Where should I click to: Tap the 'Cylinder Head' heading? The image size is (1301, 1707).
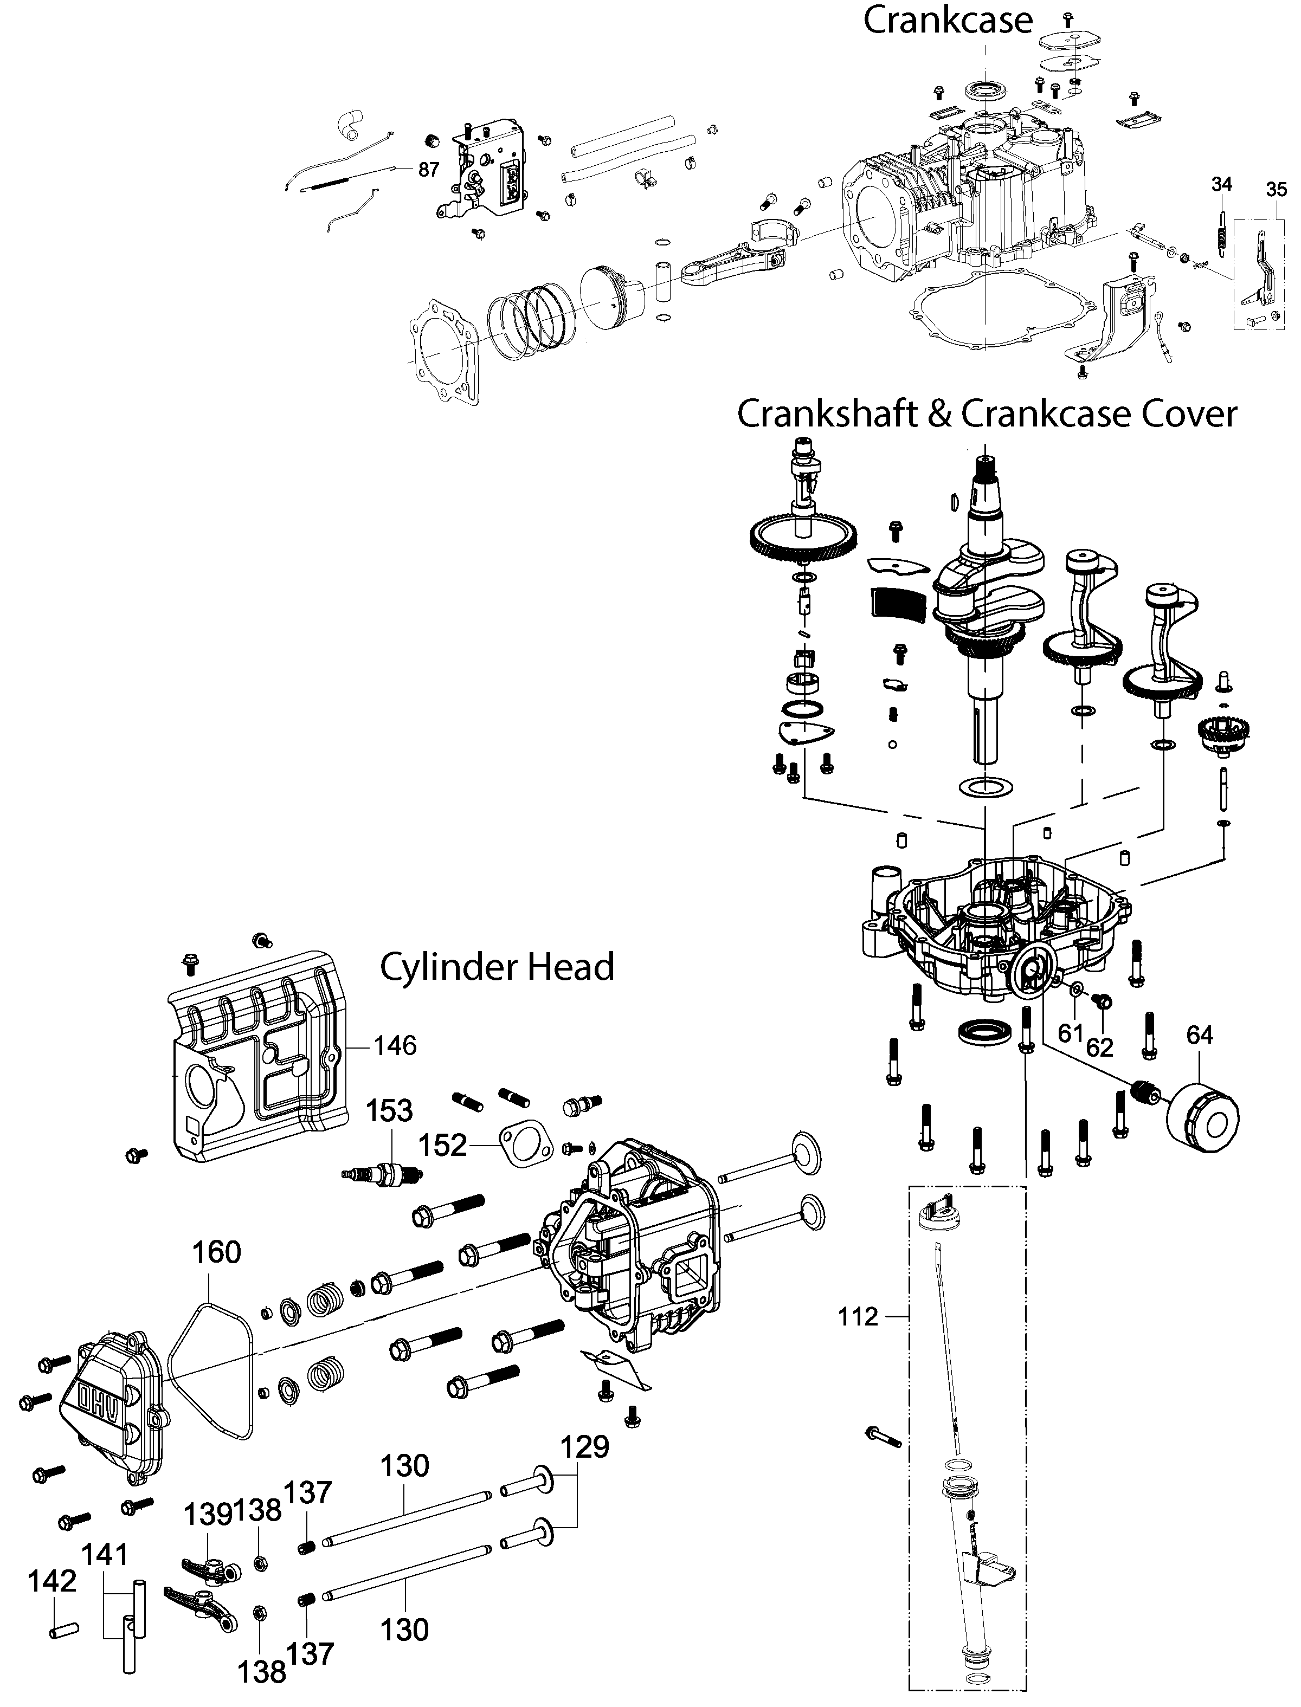tap(497, 967)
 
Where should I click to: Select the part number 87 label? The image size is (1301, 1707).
tap(428, 170)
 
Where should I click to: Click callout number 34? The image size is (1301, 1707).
tap(1221, 184)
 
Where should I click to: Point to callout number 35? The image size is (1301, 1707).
tap(1276, 190)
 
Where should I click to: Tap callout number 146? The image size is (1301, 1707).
tap(395, 1046)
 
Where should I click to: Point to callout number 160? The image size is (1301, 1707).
tap(216, 1252)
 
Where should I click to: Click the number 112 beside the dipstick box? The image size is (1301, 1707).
tap(858, 1316)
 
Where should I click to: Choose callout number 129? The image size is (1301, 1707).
tap(585, 1446)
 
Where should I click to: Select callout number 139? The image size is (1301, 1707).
tap(208, 1514)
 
